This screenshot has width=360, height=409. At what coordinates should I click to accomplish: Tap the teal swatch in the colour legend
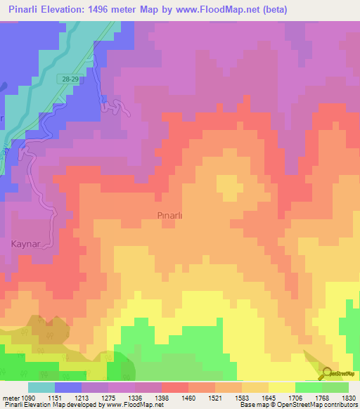[41, 387]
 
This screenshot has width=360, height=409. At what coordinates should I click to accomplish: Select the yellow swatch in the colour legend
[282, 387]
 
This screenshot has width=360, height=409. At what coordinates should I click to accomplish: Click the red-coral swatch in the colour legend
[175, 387]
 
